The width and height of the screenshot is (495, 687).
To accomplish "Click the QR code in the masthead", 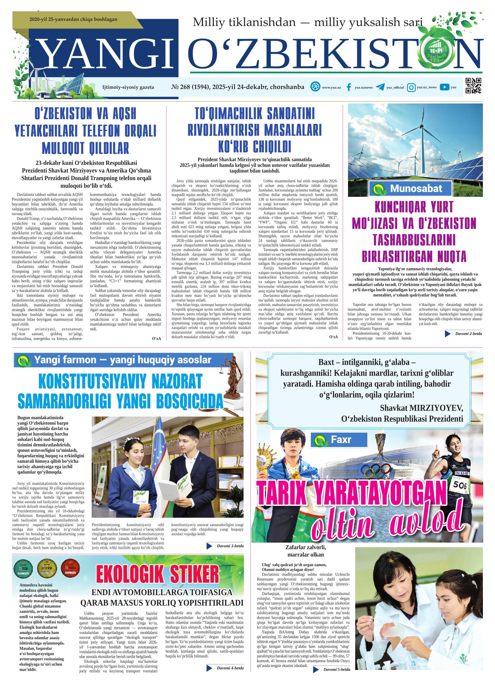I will [x=473, y=86].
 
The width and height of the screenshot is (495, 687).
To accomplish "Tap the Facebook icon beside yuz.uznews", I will [x=349, y=87].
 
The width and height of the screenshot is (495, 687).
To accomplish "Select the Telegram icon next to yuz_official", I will [x=380, y=87].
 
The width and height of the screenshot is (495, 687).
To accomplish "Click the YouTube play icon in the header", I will [x=444, y=87].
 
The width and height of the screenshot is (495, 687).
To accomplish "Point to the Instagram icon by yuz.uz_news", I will [x=411, y=87].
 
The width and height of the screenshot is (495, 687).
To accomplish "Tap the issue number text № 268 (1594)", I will [x=190, y=87].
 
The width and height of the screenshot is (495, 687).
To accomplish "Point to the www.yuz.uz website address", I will [x=331, y=87].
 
